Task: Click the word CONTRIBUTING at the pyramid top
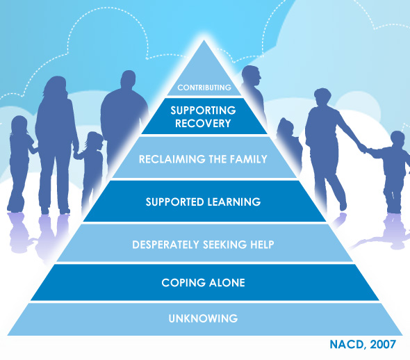[204, 88]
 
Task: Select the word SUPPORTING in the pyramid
[203, 111]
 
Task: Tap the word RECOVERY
[203, 124]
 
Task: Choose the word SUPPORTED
[174, 202]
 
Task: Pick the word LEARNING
[234, 202]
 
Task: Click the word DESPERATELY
[166, 245]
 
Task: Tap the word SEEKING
[224, 245]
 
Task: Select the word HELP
[262, 245]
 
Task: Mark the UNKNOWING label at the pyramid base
[203, 318]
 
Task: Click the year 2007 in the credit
[383, 345]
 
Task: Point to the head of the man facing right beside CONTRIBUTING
[251, 75]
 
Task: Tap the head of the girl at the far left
[19, 125]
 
